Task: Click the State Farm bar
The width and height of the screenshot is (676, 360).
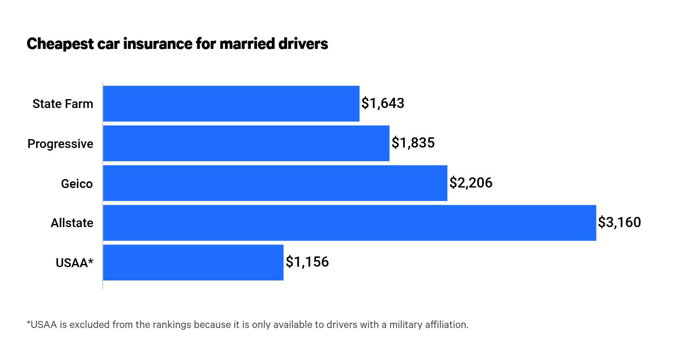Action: pyautogui.click(x=231, y=104)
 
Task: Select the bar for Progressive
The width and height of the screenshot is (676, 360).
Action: pyautogui.click(x=246, y=143)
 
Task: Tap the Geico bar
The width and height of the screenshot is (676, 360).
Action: pyautogui.click(x=275, y=183)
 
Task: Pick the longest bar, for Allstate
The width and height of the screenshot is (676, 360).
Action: pyautogui.click(x=349, y=223)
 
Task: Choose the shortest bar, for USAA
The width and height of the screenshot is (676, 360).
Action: pyautogui.click(x=193, y=262)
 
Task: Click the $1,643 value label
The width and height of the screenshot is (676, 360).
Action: pyautogui.click(x=383, y=103)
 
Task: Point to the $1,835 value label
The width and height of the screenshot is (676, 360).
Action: pyautogui.click(x=413, y=143)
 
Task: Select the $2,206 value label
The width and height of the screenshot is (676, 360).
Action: pyautogui.click(x=471, y=183)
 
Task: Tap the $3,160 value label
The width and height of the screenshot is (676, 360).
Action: pyautogui.click(x=620, y=222)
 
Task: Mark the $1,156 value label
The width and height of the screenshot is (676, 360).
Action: pyautogui.click(x=307, y=262)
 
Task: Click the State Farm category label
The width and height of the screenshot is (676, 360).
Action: pyautogui.click(x=63, y=104)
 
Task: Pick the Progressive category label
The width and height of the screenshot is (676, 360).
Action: pyautogui.click(x=60, y=144)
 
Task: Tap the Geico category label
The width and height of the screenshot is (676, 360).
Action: pyautogui.click(x=77, y=184)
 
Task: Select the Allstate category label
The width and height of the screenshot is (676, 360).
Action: pyautogui.click(x=72, y=223)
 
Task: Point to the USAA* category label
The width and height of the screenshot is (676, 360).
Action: pyautogui.click(x=74, y=263)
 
